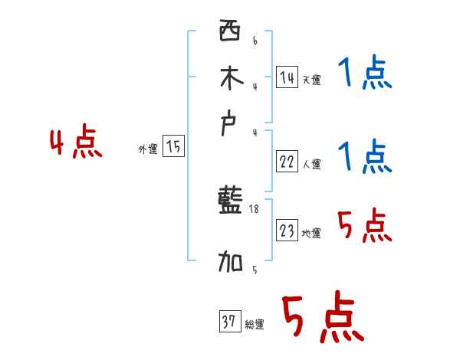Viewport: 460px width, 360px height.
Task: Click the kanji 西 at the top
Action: pyautogui.click(x=228, y=31)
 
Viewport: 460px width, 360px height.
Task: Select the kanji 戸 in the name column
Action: pyautogui.click(x=228, y=124)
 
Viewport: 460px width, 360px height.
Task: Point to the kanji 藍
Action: pyautogui.click(x=229, y=203)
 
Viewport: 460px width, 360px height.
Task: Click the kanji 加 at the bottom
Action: pyautogui.click(x=229, y=263)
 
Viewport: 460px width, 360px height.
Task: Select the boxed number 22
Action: pyautogui.click(x=287, y=162)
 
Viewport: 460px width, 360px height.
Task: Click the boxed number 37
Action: pyautogui.click(x=228, y=322)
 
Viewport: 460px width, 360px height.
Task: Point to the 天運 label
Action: pyautogui.click(x=311, y=80)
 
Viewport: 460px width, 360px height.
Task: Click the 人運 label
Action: pyautogui.click(x=311, y=164)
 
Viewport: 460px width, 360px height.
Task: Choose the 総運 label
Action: pyautogui.click(x=254, y=325)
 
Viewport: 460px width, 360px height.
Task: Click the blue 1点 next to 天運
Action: pyautogui.click(x=364, y=74)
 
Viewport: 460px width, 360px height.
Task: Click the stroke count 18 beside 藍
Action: pyautogui.click(x=255, y=208)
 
